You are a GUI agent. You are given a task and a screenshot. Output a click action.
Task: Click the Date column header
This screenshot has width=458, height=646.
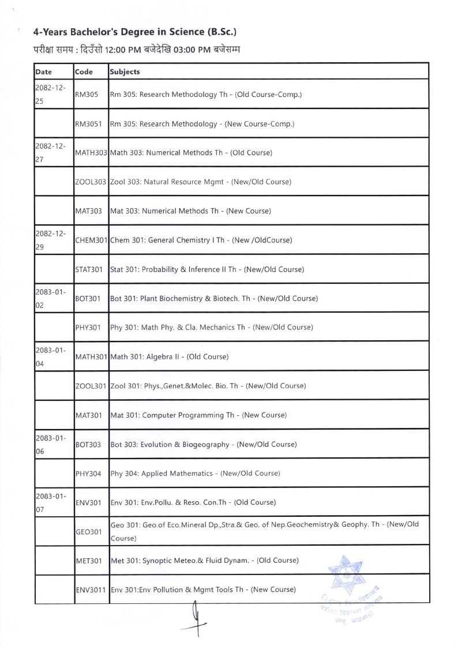pos(44,72)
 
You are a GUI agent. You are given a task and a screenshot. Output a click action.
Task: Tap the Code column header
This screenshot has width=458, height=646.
pos(84,72)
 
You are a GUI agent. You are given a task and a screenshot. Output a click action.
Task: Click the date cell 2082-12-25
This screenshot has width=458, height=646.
pos(49,94)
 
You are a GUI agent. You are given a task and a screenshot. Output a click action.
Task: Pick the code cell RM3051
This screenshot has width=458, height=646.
pos(87,123)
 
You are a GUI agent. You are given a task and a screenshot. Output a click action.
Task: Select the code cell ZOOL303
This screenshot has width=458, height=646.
pos(91,182)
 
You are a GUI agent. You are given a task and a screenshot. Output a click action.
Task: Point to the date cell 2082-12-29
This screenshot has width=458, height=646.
pos(49,240)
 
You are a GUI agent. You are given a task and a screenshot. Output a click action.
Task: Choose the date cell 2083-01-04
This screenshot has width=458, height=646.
pos(49,356)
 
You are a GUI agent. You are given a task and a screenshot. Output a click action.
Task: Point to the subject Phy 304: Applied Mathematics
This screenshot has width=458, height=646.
pos(195,474)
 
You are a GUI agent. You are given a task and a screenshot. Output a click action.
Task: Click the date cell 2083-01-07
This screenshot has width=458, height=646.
pos(49,502)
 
